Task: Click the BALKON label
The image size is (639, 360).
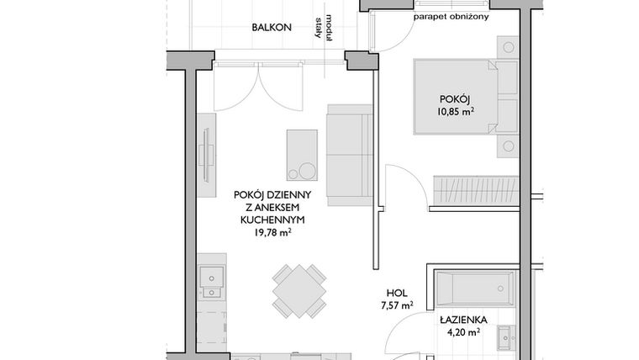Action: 272,28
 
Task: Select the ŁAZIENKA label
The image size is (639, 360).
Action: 458,320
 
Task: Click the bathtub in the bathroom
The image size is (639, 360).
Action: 473,289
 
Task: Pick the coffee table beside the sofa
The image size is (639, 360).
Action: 302,155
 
